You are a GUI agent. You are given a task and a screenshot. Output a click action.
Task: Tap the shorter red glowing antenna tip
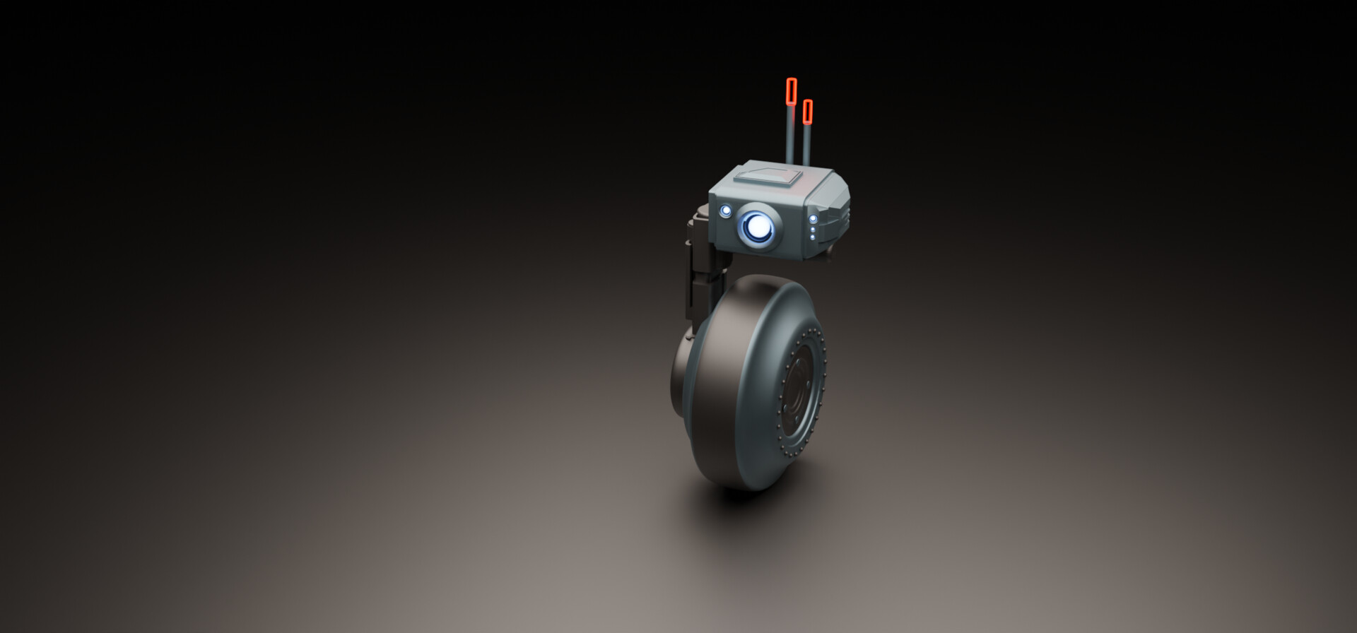click(x=808, y=111)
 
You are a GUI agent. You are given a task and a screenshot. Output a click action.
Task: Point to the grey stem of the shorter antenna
click(x=806, y=145)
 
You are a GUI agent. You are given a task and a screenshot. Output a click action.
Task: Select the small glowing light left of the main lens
click(x=726, y=211)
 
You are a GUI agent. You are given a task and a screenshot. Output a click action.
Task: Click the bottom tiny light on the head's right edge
click(x=813, y=237)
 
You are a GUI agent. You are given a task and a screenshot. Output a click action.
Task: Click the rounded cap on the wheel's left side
click(x=680, y=371)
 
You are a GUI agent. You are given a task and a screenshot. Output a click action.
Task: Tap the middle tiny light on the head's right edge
click(x=813, y=229)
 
